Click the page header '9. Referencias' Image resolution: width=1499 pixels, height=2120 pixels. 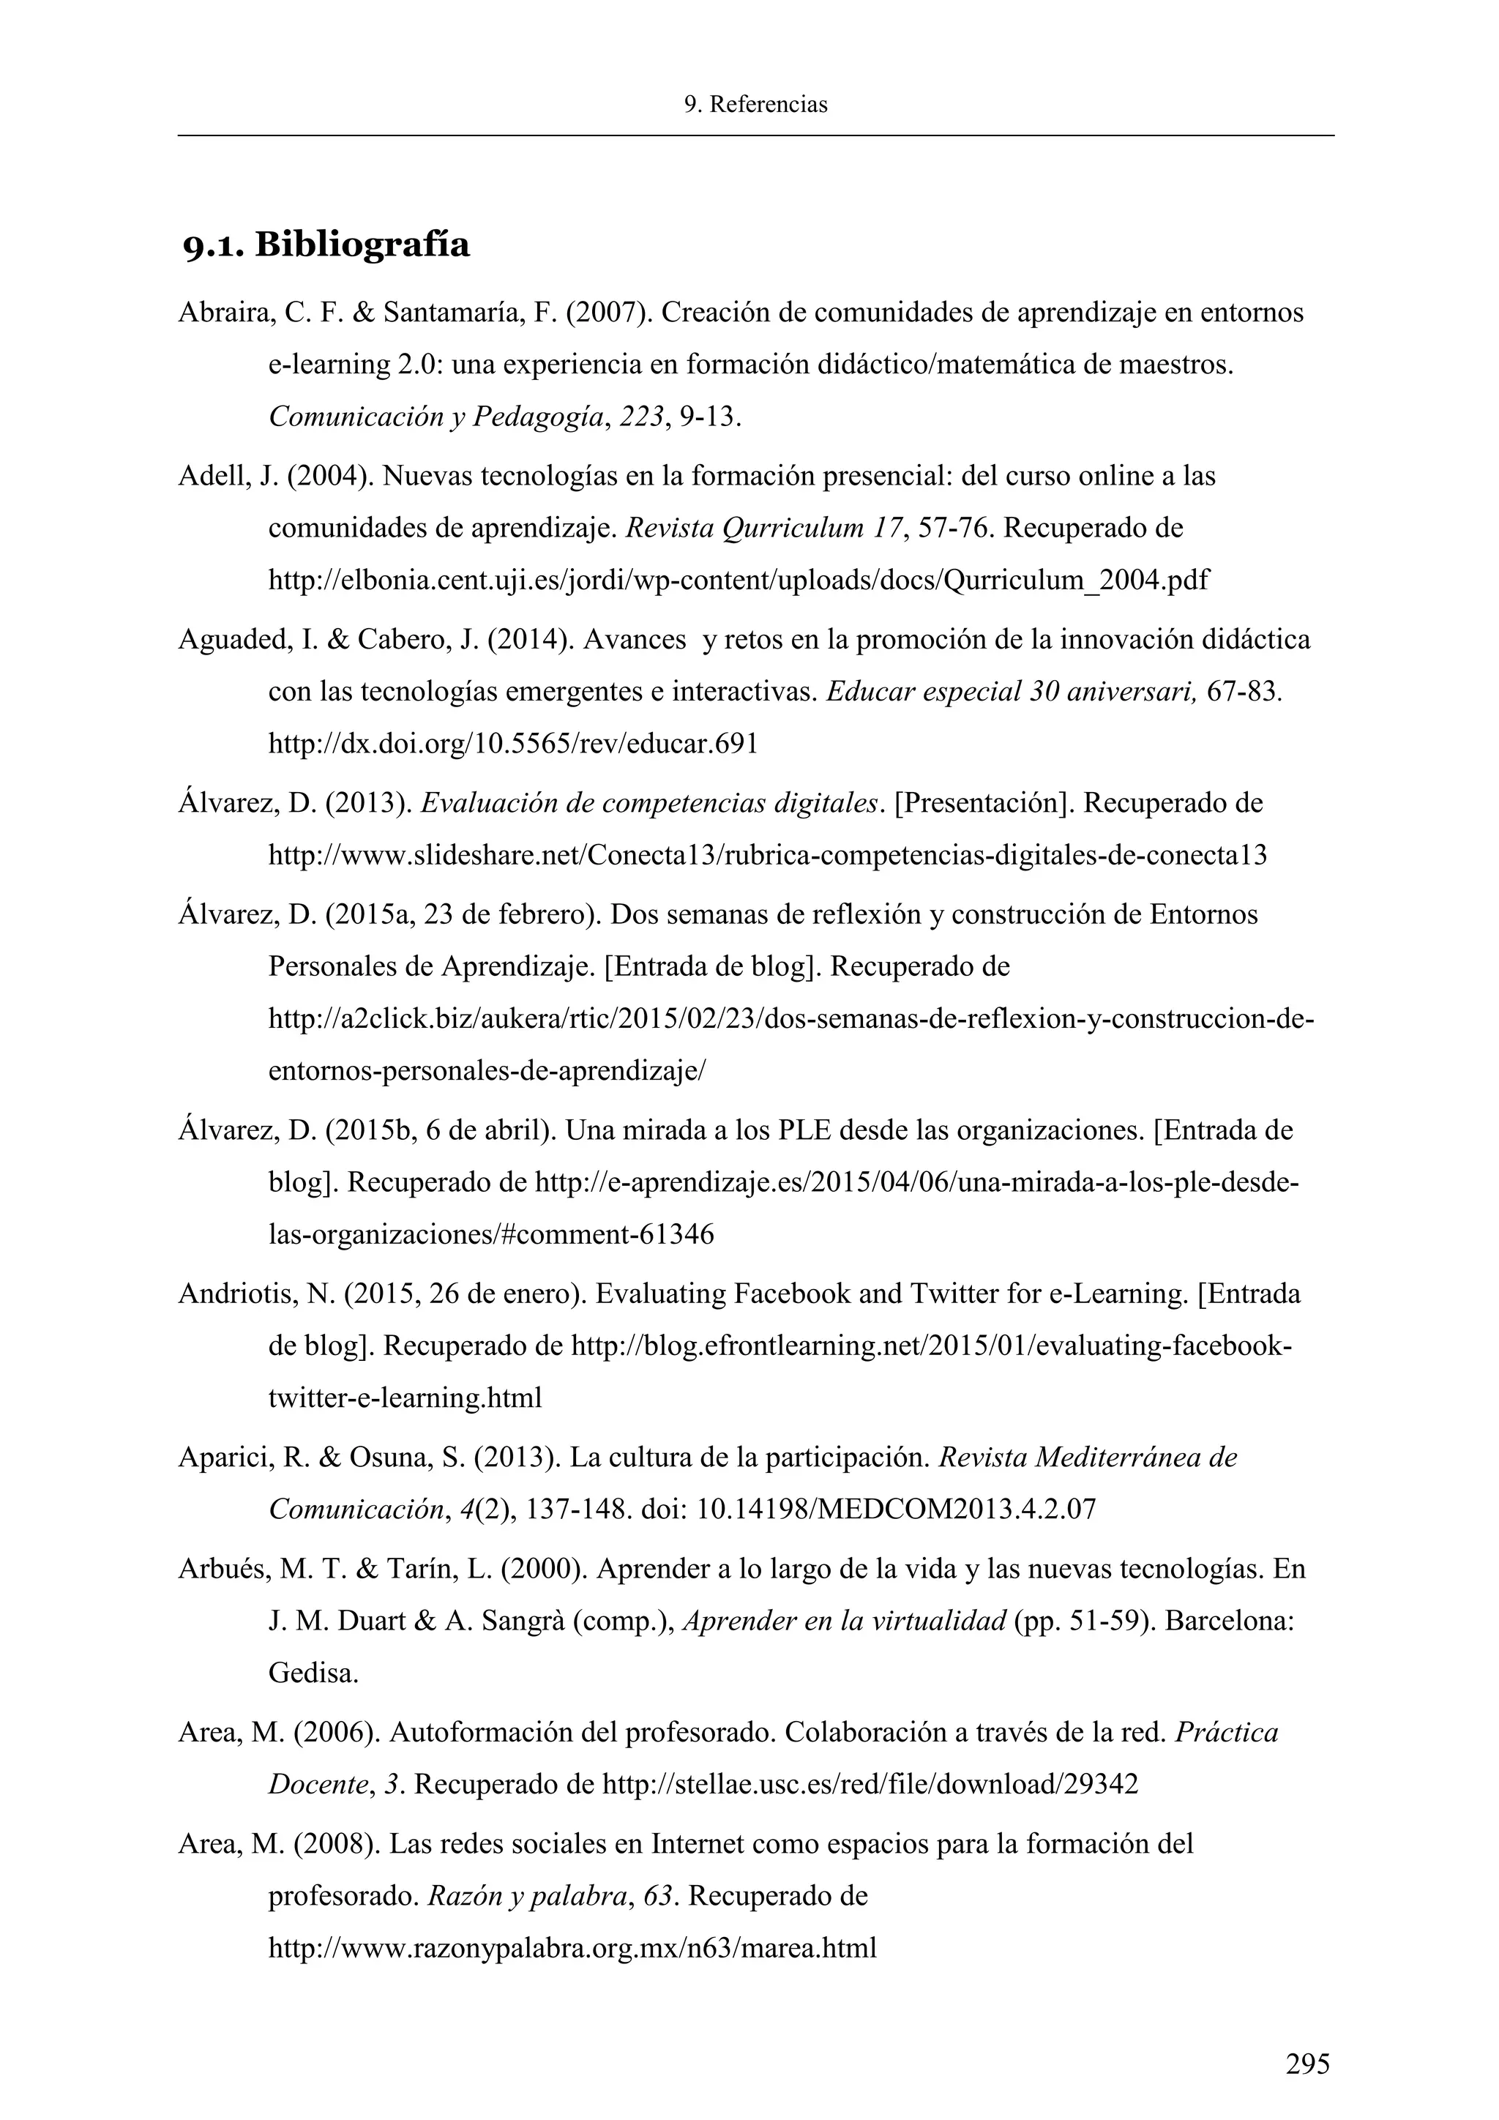[755, 105]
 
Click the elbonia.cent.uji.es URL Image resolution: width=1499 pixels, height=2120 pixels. [738, 581]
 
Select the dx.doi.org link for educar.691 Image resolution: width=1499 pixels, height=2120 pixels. [512, 744]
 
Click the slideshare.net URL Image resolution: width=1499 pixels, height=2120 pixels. [766, 856]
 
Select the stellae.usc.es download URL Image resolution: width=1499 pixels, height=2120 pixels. [870, 1785]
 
